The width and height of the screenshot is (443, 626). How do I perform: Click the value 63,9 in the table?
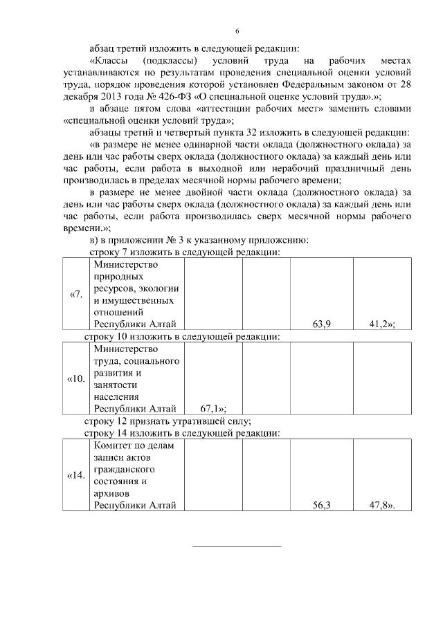[321, 324]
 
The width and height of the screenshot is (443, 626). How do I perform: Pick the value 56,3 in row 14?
[321, 505]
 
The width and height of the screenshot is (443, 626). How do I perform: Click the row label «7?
[76, 295]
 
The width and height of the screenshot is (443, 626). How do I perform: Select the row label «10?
[76, 379]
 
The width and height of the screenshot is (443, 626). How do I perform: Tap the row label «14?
[76, 476]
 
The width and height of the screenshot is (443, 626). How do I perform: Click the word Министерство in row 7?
[126, 265]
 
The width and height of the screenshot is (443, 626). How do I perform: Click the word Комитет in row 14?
[111, 446]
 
